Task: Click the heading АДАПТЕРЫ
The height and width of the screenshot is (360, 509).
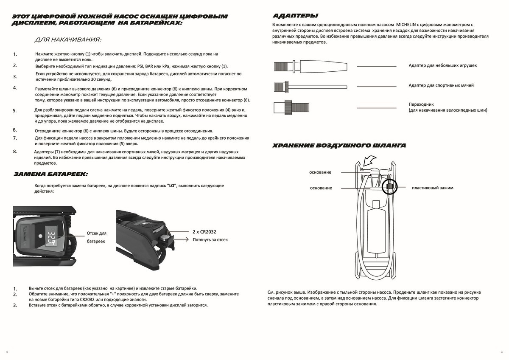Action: (x=295, y=16)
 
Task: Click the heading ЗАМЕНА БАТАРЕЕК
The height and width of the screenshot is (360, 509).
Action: (x=50, y=174)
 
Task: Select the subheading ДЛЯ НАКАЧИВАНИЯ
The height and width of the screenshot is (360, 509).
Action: (x=68, y=40)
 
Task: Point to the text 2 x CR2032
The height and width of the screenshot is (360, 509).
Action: (x=204, y=232)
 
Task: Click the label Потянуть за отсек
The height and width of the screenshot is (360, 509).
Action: (x=210, y=239)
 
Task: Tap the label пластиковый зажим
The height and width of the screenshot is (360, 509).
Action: (x=432, y=188)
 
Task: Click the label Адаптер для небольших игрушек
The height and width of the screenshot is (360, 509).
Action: (x=442, y=66)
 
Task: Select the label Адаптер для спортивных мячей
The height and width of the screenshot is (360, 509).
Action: (x=441, y=85)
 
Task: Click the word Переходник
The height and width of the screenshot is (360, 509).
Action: (x=421, y=104)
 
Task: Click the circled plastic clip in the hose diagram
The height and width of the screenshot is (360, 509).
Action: (x=389, y=186)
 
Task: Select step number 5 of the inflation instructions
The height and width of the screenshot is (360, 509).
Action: (x=15, y=111)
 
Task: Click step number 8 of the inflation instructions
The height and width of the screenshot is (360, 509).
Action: (x=15, y=152)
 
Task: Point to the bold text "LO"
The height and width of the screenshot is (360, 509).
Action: (x=172, y=186)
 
